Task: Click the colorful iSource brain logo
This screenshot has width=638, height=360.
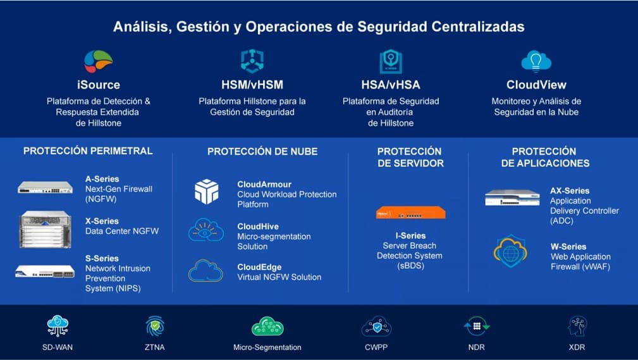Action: (99, 61)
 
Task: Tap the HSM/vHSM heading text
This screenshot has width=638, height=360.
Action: (252, 85)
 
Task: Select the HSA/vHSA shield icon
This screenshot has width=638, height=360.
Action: (391, 61)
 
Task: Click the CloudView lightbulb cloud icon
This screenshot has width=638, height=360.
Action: (536, 61)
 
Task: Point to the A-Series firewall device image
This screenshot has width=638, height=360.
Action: (45, 187)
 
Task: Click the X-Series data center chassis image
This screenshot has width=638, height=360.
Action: (45, 229)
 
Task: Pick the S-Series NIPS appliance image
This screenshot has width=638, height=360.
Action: (45, 271)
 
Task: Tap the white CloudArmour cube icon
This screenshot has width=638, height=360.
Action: (207, 192)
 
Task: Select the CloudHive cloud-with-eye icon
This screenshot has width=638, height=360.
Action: (206, 230)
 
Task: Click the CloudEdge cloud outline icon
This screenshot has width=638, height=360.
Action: (206, 271)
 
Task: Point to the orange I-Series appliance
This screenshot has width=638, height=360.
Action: (410, 213)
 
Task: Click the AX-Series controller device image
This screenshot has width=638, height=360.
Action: (512, 197)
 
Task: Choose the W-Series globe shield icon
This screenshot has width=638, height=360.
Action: (510, 251)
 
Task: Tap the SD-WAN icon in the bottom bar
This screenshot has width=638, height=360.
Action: (58, 326)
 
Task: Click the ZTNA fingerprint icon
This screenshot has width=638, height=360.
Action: (155, 326)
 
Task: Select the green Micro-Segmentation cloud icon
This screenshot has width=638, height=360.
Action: (267, 326)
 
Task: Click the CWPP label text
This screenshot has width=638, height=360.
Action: (376, 347)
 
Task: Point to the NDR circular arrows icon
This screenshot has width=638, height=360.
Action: (477, 326)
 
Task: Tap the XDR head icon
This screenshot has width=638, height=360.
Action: (577, 326)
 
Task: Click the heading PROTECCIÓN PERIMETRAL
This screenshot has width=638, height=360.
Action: (88, 151)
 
